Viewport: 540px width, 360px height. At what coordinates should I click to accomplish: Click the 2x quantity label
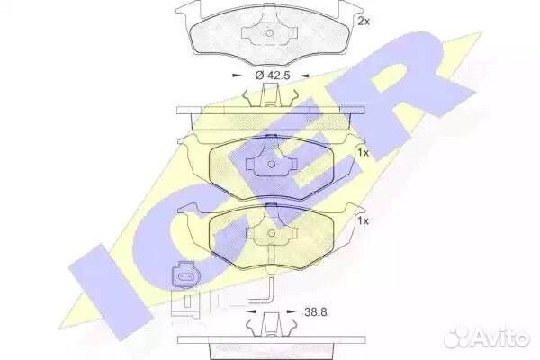pyautogui.click(x=364, y=22)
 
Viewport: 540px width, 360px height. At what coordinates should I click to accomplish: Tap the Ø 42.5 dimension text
pyautogui.click(x=273, y=75)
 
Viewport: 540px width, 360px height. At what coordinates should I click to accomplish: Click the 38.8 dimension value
pyautogui.click(x=316, y=312)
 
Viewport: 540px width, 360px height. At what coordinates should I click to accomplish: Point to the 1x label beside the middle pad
pyautogui.click(x=363, y=153)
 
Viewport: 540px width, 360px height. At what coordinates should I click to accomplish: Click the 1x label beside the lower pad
pyautogui.click(x=363, y=220)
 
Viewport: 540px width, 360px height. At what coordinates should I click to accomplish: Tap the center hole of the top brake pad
pyautogui.click(x=270, y=33)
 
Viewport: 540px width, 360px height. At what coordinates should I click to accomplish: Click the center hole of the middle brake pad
pyautogui.click(x=272, y=165)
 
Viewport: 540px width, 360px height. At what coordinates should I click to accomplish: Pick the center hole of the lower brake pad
pyautogui.click(x=272, y=233)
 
